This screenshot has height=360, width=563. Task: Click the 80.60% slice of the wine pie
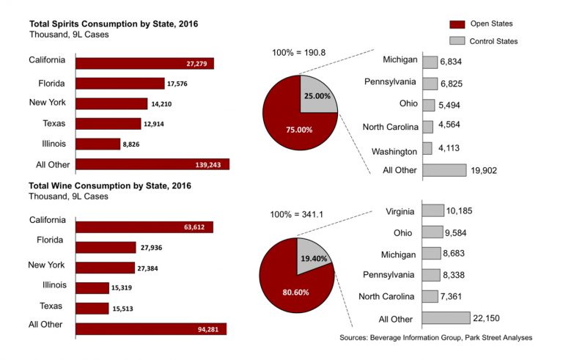(293, 275)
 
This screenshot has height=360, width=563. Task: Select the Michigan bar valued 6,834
(430, 63)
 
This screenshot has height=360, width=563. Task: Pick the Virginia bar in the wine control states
(433, 211)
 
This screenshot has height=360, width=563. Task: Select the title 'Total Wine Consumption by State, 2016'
(109, 186)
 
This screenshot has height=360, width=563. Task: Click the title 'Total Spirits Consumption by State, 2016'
(114, 24)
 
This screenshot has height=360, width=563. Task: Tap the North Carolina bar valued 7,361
(432, 296)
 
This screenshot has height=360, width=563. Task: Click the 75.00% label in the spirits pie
(299, 130)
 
